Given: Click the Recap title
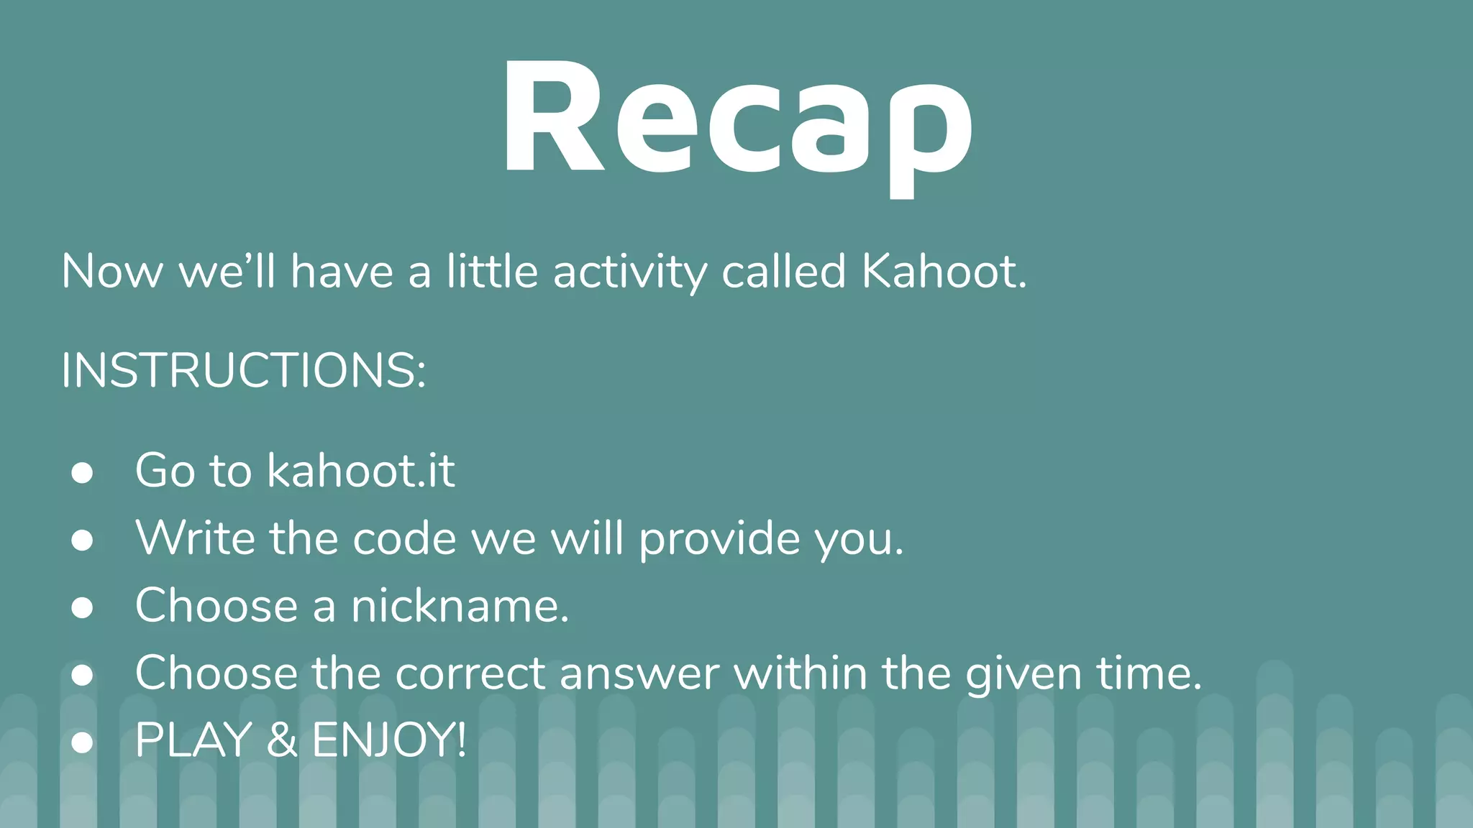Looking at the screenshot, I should tap(736, 119).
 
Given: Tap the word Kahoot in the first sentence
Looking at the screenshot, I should tap(944, 272).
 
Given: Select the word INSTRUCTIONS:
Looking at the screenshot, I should tap(244, 371).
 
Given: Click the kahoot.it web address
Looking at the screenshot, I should tap(361, 471).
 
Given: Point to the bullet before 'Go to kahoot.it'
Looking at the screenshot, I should tap(82, 472).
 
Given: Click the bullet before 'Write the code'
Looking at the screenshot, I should tap(82, 540).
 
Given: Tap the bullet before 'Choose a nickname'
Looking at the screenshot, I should tap(82, 607).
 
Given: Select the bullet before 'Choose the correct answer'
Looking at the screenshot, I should tap(82, 675).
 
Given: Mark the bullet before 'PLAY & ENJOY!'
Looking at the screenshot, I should tap(82, 742).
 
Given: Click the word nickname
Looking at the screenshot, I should tap(460, 606).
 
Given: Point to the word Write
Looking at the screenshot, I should tap(195, 538).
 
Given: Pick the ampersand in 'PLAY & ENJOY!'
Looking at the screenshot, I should tap(282, 740).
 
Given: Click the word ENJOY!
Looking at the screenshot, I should tap(389, 740).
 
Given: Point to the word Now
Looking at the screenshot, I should tap(112, 272).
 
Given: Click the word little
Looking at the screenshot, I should tap(492, 272).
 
